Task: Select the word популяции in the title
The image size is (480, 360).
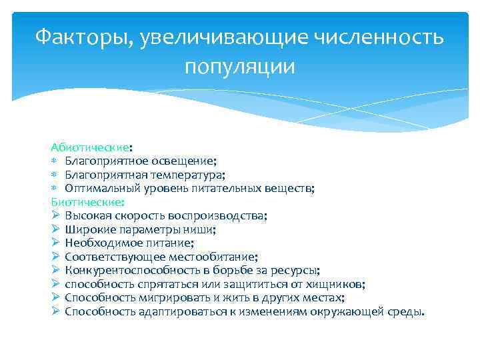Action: pos(239,67)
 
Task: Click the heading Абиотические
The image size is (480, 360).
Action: pos(90,147)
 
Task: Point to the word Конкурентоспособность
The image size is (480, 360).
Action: pos(126,271)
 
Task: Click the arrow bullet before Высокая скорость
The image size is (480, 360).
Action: pos(56,216)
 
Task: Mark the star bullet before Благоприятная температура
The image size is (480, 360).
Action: pos(55,175)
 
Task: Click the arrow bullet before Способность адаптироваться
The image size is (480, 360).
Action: pos(56,312)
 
